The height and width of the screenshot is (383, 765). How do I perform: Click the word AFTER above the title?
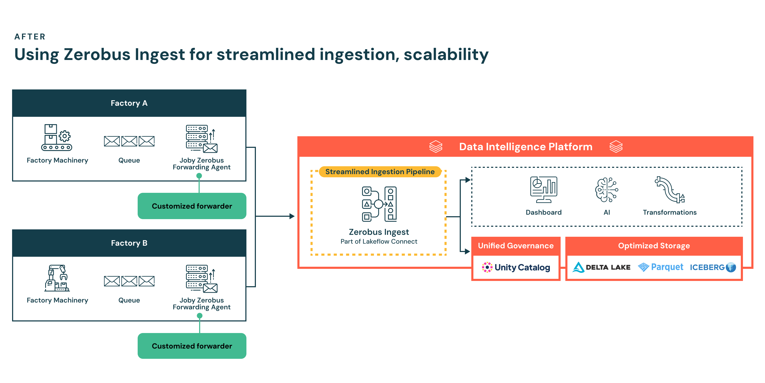[x=30, y=37]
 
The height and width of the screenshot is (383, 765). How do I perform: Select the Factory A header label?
[x=129, y=103]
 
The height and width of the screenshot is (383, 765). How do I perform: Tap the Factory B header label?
[x=129, y=243]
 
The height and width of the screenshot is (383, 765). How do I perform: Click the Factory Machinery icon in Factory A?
[x=57, y=137]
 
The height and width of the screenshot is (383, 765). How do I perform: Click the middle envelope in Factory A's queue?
[x=129, y=141]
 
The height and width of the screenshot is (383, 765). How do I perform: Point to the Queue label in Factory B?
[x=129, y=300]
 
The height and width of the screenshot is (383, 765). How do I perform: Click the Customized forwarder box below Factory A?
[x=192, y=206]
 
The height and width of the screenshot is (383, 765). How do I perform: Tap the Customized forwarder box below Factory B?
[x=192, y=346]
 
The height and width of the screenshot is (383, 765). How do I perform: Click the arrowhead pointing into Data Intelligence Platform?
[x=292, y=216]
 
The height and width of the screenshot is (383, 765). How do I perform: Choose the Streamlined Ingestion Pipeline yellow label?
[x=380, y=172]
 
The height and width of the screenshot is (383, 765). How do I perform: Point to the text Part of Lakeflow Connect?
[x=379, y=241]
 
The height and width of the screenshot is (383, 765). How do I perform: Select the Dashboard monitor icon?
[x=544, y=190]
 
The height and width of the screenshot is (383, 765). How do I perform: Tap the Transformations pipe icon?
[x=669, y=190]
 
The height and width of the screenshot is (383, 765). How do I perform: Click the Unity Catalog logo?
[x=516, y=267]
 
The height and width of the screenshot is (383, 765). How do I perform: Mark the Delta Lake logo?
[x=601, y=267]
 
